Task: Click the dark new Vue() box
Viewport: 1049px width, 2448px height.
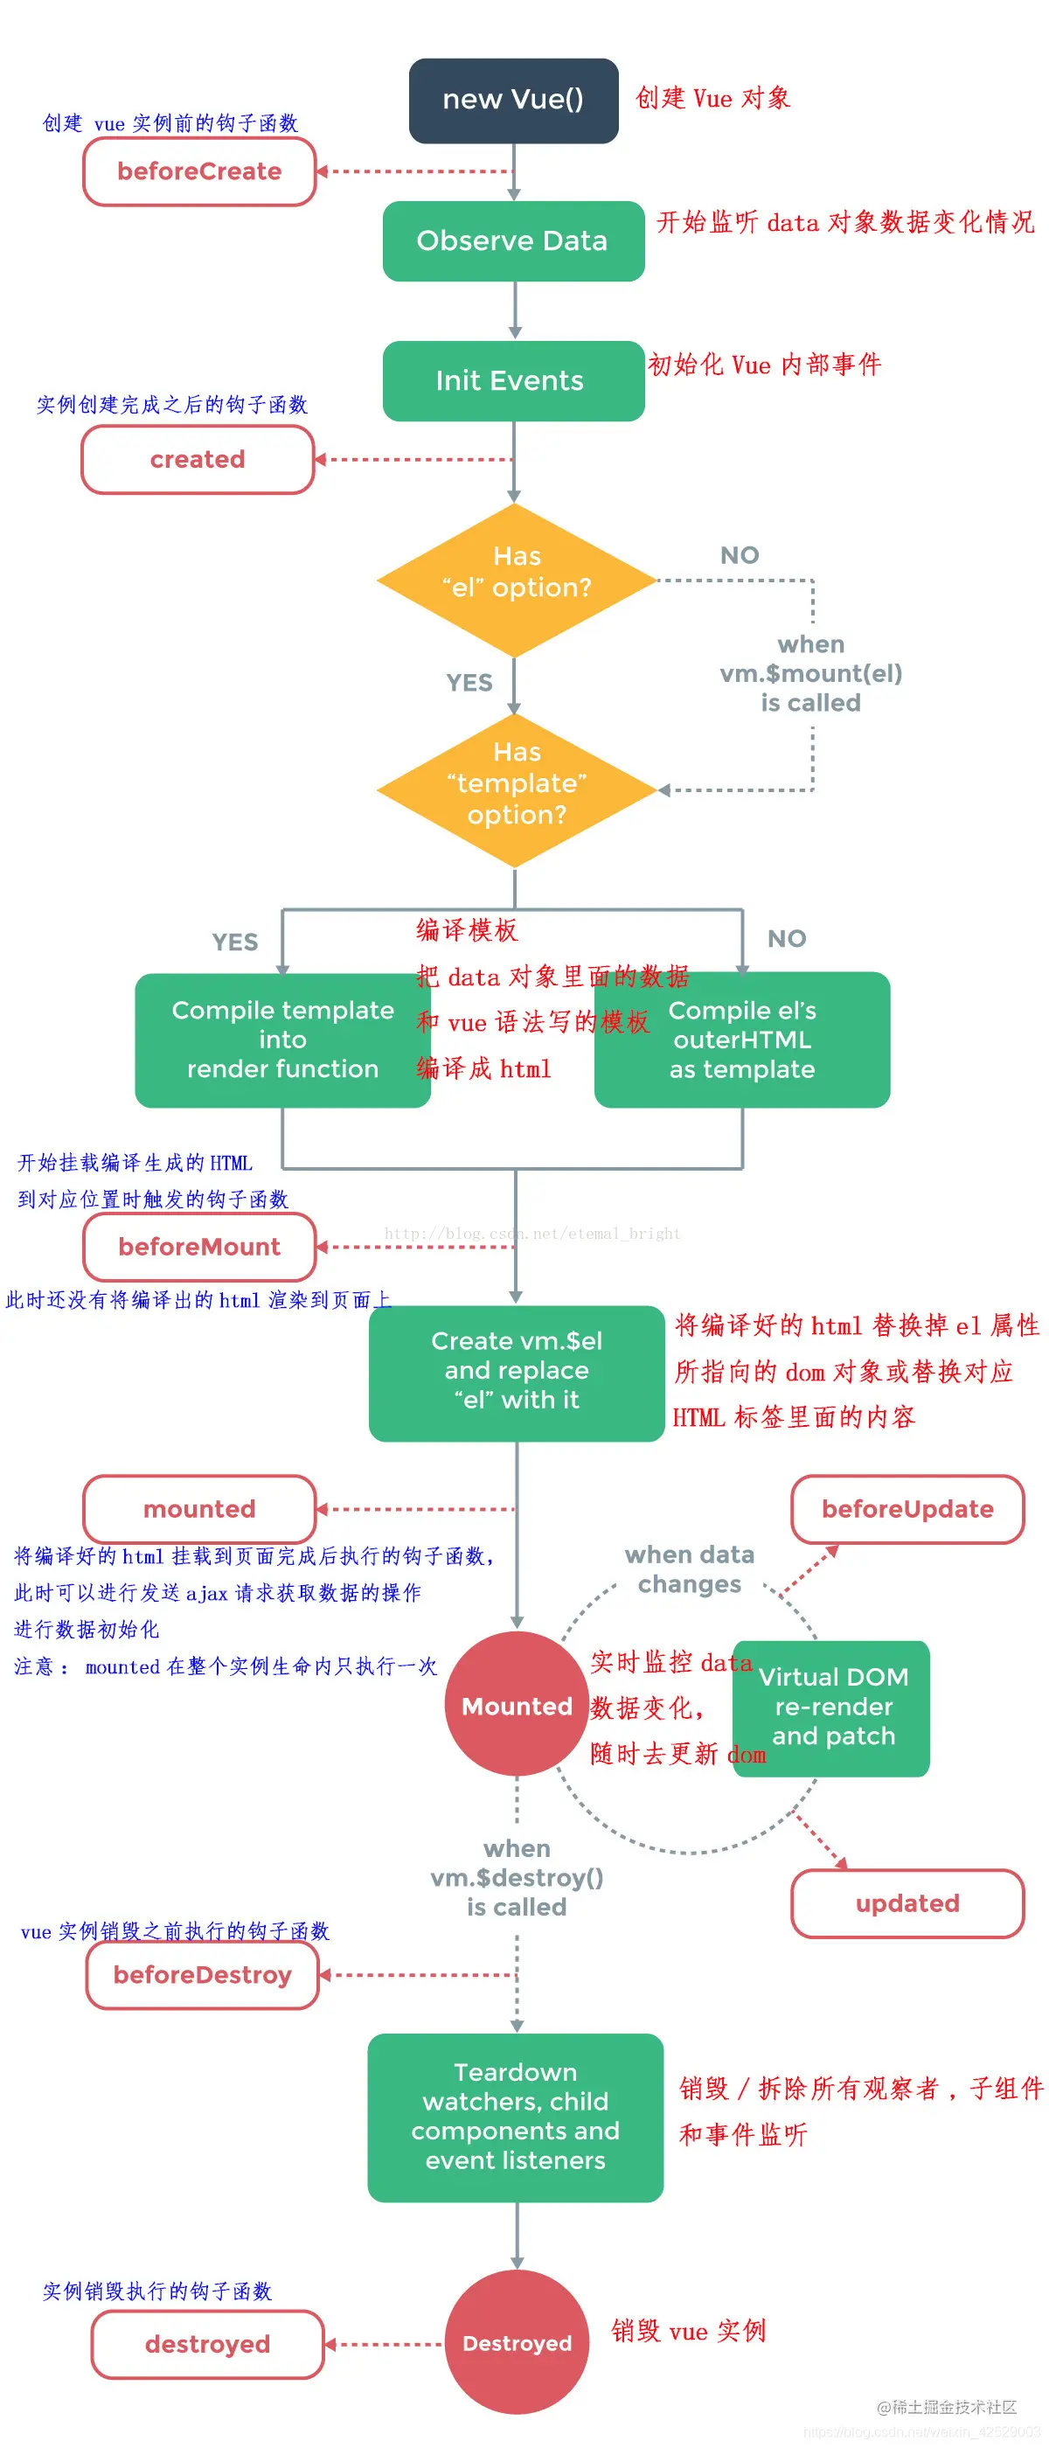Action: click(x=513, y=100)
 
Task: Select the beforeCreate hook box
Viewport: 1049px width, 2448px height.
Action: click(x=199, y=172)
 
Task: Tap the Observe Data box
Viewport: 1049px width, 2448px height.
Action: click(x=513, y=240)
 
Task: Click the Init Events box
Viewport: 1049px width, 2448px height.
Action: click(x=513, y=380)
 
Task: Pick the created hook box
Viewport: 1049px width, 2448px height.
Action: click(x=198, y=460)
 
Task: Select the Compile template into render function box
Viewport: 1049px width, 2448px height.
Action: click(x=282, y=1040)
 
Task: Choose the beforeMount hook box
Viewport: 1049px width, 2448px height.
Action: click(x=199, y=1247)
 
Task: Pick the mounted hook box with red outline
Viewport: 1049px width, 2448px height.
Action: click(x=199, y=1509)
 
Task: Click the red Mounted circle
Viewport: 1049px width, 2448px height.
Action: click(x=516, y=1706)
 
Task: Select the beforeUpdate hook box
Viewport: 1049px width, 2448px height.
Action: click(x=907, y=1509)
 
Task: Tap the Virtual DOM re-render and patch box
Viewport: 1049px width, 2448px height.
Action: click(x=833, y=1707)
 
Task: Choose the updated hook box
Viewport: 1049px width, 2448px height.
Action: click(x=907, y=1903)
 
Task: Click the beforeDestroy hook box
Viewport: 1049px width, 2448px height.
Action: click(x=203, y=1975)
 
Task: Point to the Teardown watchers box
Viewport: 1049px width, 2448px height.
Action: click(x=515, y=2118)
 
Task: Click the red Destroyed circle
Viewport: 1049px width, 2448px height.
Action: click(x=516, y=2342)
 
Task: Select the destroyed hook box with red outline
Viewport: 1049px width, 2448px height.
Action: click(x=207, y=2345)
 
